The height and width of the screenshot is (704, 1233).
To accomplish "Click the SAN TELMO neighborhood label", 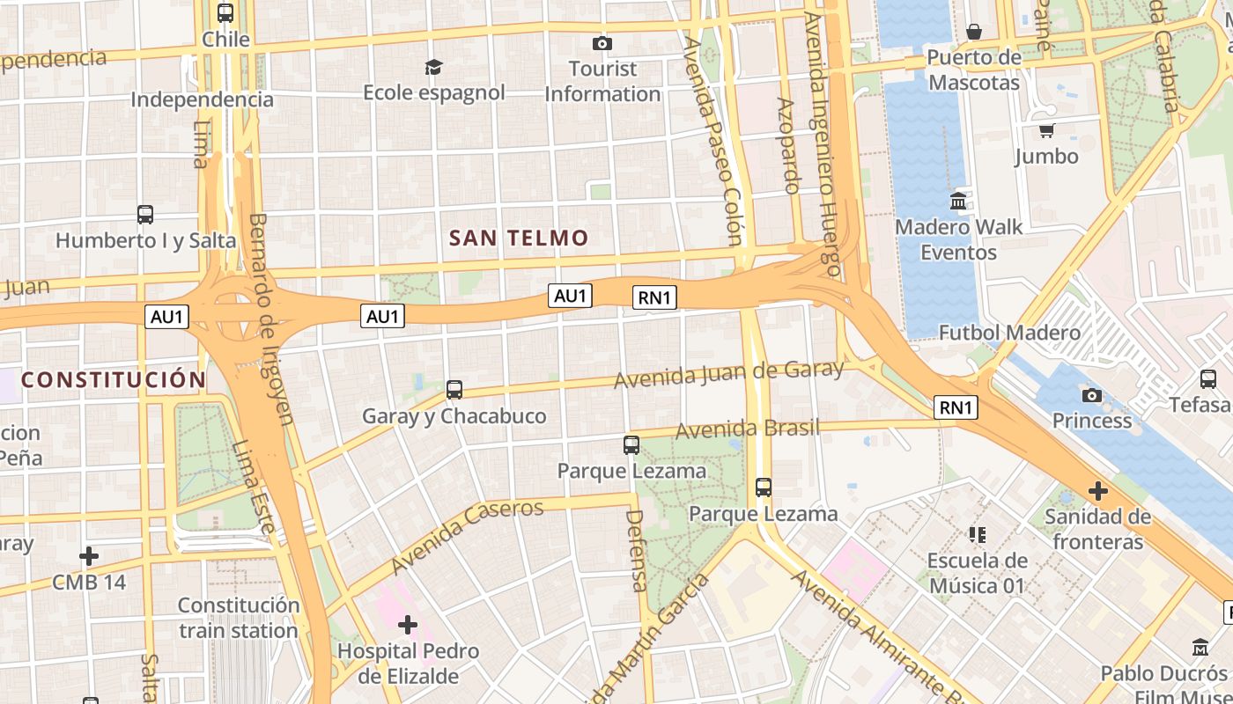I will (x=519, y=238).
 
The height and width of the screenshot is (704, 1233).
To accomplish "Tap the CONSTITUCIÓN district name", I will (x=113, y=380).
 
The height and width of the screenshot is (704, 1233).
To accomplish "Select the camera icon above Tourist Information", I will (x=602, y=43).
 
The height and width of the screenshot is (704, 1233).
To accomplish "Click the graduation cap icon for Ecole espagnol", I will (x=433, y=67).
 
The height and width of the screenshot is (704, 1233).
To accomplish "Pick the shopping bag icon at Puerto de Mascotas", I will (x=974, y=33).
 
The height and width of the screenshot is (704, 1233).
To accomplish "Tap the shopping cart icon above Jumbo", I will (x=1046, y=131).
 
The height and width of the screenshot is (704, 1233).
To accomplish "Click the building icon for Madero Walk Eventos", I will (x=958, y=202).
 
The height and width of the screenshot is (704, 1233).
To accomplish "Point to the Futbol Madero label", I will (x=1009, y=333).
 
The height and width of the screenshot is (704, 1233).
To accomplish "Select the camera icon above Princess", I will (x=1092, y=395).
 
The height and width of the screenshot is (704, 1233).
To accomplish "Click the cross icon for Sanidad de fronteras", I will (x=1097, y=490).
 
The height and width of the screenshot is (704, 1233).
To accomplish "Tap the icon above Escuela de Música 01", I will (x=977, y=534).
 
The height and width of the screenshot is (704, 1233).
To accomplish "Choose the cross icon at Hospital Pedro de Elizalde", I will (x=407, y=626).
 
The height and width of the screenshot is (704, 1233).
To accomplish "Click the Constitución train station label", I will (x=239, y=618).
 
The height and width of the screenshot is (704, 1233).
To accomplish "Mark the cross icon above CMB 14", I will (x=89, y=556).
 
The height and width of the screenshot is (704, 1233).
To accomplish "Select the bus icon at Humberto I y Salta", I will (x=145, y=214).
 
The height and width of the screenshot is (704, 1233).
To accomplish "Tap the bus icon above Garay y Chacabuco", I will (x=454, y=389).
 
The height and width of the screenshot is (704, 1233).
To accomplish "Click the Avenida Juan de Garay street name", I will (x=728, y=375).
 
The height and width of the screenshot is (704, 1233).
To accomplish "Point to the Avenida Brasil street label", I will (x=747, y=429).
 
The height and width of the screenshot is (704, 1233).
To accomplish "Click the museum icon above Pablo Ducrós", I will (x=1200, y=647).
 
